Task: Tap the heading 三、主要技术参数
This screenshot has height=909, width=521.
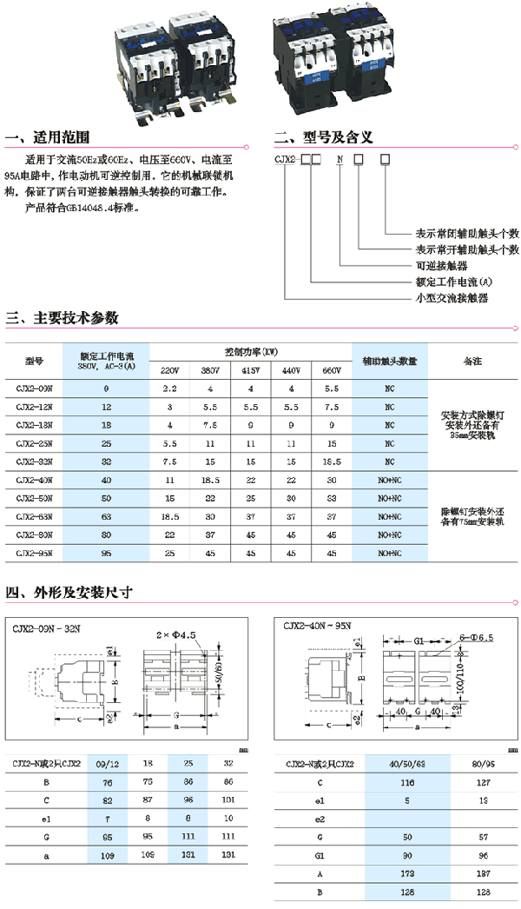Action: [x=62, y=318]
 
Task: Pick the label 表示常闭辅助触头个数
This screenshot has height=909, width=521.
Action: [x=466, y=234]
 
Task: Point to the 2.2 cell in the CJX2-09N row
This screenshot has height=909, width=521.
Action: [x=169, y=388]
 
